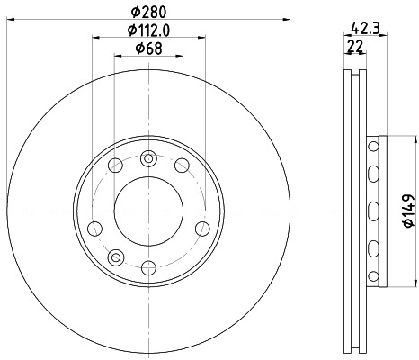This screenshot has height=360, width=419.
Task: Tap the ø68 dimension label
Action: click(148, 49)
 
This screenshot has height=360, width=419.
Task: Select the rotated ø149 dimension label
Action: click(406, 211)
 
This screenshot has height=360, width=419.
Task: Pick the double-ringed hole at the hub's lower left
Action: click(113, 258)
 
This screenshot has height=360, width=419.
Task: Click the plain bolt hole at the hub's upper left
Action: click(115, 165)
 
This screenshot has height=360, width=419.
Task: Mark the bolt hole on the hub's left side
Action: click(93, 226)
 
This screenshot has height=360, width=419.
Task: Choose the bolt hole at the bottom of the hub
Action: click(148, 266)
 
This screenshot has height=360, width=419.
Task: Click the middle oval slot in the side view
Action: click(372, 211)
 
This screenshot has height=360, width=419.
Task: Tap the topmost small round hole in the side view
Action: click(372, 145)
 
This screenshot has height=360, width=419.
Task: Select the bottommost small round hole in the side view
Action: click(372, 275)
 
